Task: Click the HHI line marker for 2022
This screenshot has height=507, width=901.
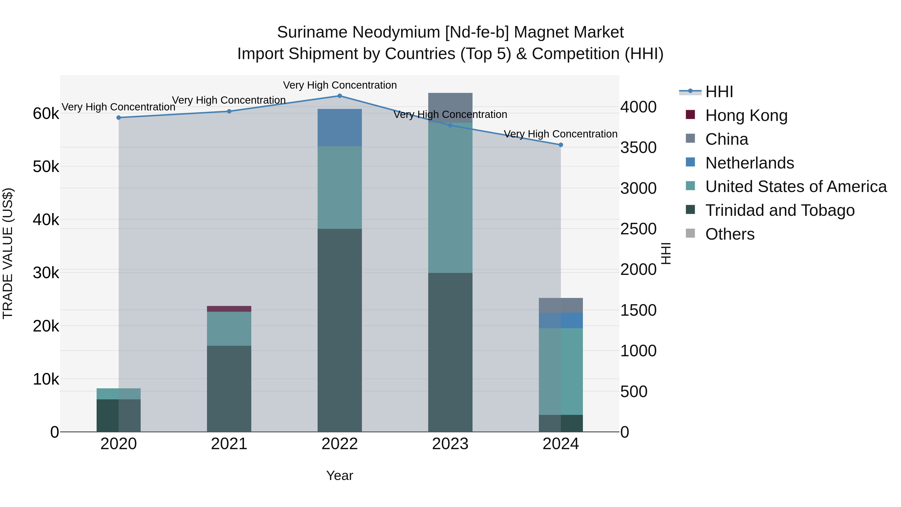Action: [x=340, y=96]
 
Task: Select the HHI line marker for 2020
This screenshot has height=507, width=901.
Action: [x=119, y=118]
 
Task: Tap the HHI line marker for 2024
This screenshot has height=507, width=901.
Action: [x=561, y=145]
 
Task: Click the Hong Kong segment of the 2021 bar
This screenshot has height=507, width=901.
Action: [x=229, y=309]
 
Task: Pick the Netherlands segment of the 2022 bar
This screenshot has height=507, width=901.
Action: [x=340, y=127]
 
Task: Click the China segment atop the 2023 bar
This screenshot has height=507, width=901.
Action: [x=450, y=105]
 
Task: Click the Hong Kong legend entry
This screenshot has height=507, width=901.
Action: [x=746, y=115]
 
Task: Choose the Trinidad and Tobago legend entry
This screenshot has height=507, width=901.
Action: [x=780, y=210]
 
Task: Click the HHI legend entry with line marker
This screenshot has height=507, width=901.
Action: [x=719, y=92]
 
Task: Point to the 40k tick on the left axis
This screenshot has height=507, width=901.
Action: [x=46, y=220]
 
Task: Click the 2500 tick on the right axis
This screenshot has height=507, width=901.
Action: [x=638, y=229]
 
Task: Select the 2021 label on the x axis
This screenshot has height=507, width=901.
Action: [x=229, y=444]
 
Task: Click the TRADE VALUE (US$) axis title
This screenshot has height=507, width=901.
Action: [x=8, y=253]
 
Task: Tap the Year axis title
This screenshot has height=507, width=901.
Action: [x=340, y=475]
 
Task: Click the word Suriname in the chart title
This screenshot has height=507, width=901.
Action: [x=312, y=32]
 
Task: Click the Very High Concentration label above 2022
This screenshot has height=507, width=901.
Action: [x=340, y=85]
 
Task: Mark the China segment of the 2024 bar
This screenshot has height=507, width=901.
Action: [x=561, y=305]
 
